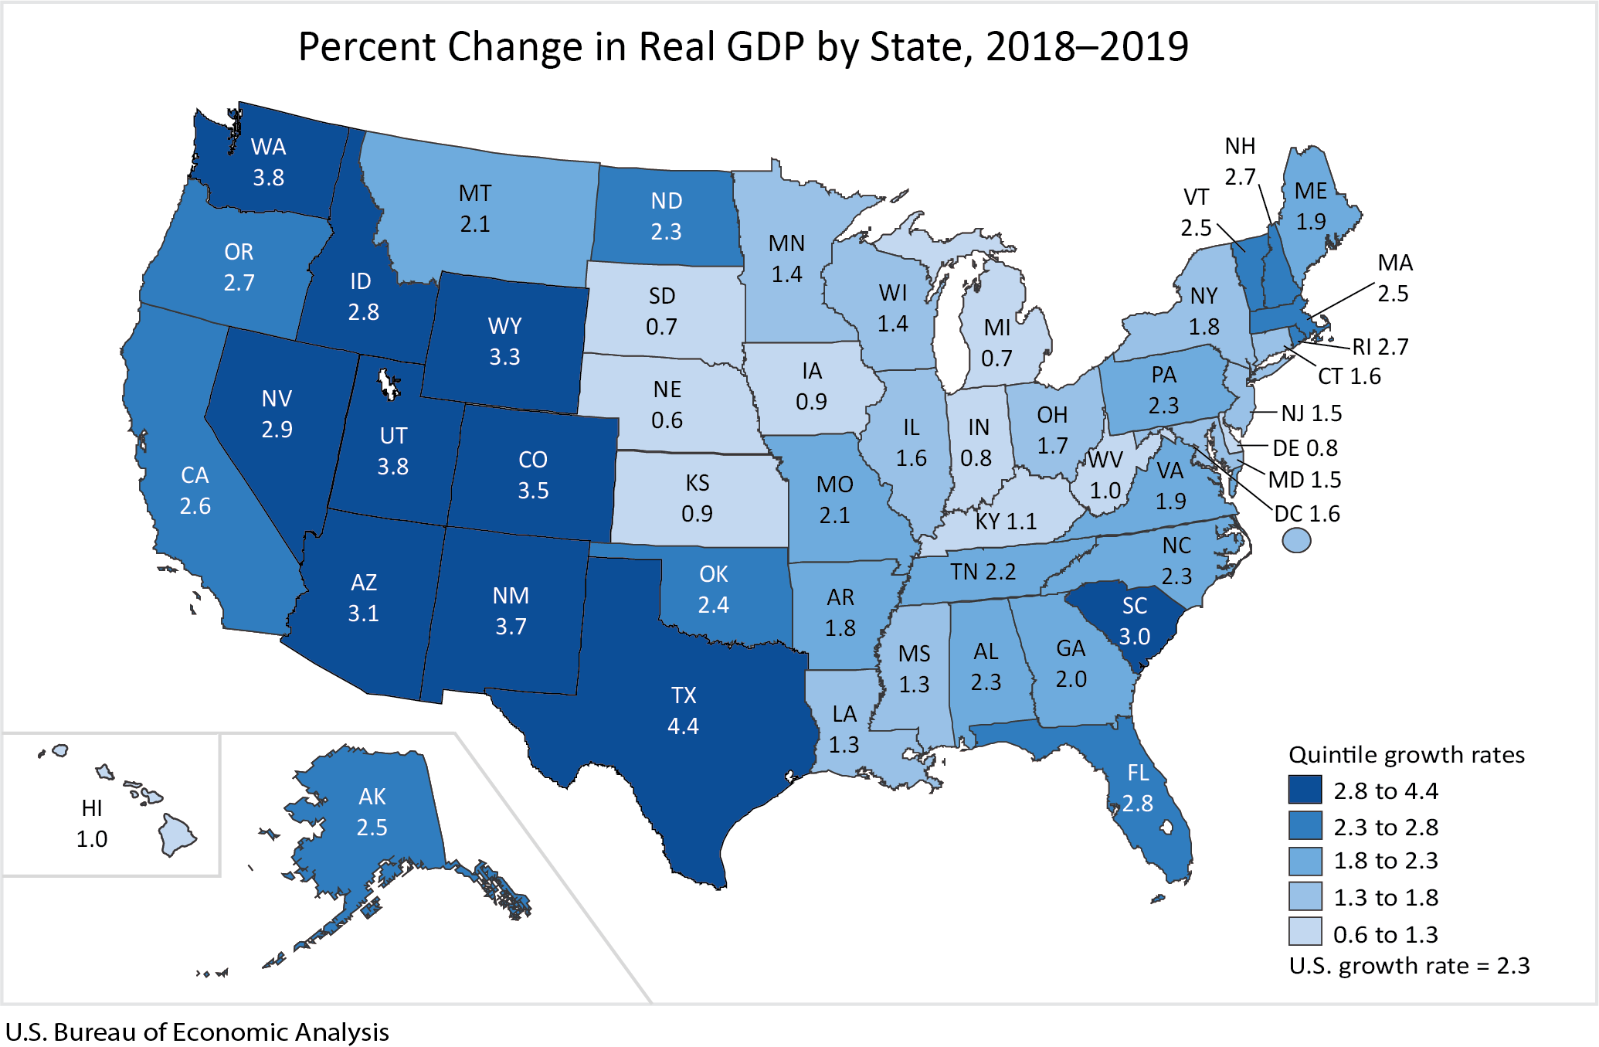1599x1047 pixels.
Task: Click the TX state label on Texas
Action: click(x=684, y=695)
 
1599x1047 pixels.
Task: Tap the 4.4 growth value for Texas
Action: click(x=683, y=726)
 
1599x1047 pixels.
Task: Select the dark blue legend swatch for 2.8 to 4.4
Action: click(x=1305, y=790)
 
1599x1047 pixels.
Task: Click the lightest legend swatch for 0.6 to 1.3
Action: click(x=1305, y=933)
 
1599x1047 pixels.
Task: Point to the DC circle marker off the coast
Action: click(x=1296, y=540)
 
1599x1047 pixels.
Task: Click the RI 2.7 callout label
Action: click(x=1380, y=346)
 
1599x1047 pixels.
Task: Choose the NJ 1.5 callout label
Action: click(x=1311, y=413)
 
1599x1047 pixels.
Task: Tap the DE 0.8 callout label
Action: click(x=1305, y=448)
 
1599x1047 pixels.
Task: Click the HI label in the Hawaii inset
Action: click(x=92, y=808)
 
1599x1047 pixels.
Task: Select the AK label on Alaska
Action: click(x=372, y=797)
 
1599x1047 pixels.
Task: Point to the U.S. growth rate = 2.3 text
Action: click(x=1409, y=966)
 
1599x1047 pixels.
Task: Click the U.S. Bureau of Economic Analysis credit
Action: click(x=197, y=1032)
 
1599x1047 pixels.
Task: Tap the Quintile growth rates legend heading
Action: click(x=1407, y=754)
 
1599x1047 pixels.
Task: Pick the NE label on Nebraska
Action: click(x=667, y=389)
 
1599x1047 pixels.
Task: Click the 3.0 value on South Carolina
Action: click(x=1135, y=637)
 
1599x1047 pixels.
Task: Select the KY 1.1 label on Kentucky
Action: click(x=1006, y=522)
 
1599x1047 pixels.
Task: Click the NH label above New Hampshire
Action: click(x=1240, y=146)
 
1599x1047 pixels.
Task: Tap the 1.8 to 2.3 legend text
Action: click(x=1386, y=861)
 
